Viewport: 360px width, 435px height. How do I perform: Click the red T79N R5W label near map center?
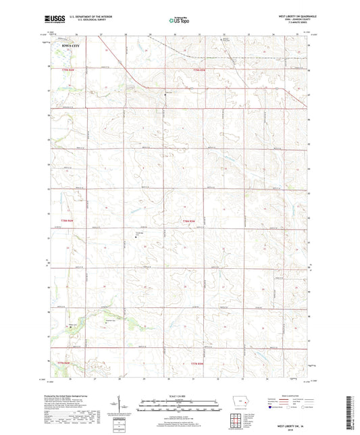(x=188, y=221)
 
